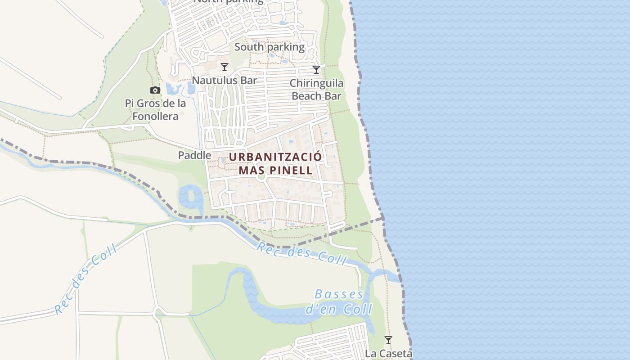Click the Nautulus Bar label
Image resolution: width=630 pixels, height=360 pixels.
click(x=224, y=81)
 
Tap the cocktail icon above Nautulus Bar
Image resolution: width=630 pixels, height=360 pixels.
click(x=225, y=67)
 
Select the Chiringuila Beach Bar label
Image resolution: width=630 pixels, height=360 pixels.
click(x=316, y=89)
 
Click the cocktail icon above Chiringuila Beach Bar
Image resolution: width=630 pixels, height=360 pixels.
click(x=316, y=70)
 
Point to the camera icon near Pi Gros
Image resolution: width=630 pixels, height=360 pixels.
click(x=155, y=90)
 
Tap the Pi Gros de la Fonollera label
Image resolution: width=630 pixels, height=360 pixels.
click(x=155, y=110)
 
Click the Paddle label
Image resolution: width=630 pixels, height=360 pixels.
click(x=194, y=155)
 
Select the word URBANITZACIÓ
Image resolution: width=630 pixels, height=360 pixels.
click(x=275, y=157)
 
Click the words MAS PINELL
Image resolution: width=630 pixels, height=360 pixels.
click(x=275, y=170)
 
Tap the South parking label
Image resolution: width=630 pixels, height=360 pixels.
click(x=269, y=47)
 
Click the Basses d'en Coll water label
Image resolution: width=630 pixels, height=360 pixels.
click(x=339, y=302)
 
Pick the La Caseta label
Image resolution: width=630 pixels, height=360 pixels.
click(x=388, y=353)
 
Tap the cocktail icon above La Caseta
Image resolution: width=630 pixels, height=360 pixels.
click(x=388, y=340)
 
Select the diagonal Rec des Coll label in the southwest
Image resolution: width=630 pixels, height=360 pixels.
click(x=85, y=280)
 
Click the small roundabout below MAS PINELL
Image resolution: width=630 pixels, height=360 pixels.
click(x=261, y=177)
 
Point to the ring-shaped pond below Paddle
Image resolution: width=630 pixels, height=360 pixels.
click(x=190, y=197)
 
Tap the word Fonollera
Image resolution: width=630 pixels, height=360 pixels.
click(x=155, y=116)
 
